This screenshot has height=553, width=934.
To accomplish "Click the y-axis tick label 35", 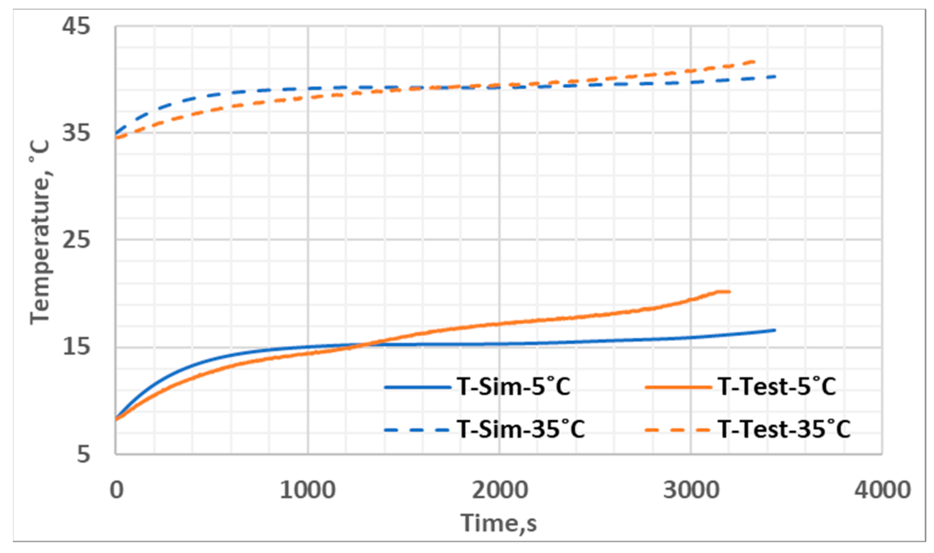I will click(x=76, y=133).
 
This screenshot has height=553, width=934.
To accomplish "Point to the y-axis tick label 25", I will click(x=76, y=239).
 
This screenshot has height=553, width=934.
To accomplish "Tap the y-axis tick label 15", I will click(x=76, y=347).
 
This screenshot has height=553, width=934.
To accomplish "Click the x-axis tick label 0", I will click(x=116, y=490).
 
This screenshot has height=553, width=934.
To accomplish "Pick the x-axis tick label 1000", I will click(x=307, y=490).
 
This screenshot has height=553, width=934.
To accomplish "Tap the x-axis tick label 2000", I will click(x=499, y=490).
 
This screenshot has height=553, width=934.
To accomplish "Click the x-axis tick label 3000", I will click(x=691, y=490).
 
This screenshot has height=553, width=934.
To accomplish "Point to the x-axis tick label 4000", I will click(x=882, y=490).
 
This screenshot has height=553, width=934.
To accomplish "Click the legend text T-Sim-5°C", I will click(x=514, y=387).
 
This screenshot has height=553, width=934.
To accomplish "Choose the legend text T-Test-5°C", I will click(x=777, y=387).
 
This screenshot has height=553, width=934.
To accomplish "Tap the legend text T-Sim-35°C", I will click(x=521, y=429).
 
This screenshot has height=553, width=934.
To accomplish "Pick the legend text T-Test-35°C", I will click(x=784, y=429).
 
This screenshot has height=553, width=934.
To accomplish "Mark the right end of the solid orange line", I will click(x=730, y=292).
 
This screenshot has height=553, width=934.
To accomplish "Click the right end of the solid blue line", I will click(x=775, y=330).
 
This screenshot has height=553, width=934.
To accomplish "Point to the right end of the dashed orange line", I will click(x=754, y=61).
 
